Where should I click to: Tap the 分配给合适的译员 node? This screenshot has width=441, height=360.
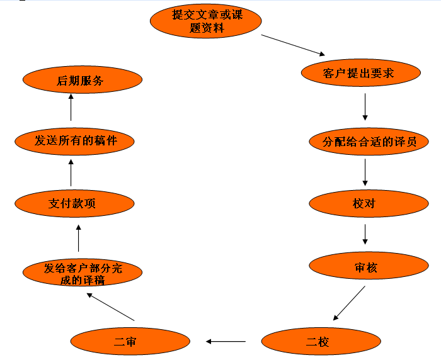coord(369,141)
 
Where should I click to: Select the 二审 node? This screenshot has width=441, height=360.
coord(130,342)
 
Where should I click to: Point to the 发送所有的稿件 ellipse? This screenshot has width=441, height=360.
coord(76,140)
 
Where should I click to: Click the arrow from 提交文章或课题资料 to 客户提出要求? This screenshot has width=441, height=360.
coord(293,45)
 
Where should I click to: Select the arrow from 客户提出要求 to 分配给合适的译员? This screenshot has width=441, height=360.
coord(365,107)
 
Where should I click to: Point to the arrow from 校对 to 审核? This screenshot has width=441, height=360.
coord(365,234)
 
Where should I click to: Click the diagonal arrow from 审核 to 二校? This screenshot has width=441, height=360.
coord(349,303)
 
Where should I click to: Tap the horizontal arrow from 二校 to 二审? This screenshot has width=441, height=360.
coord(226,342)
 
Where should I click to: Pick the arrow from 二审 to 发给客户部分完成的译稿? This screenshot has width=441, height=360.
coord(110,307)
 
